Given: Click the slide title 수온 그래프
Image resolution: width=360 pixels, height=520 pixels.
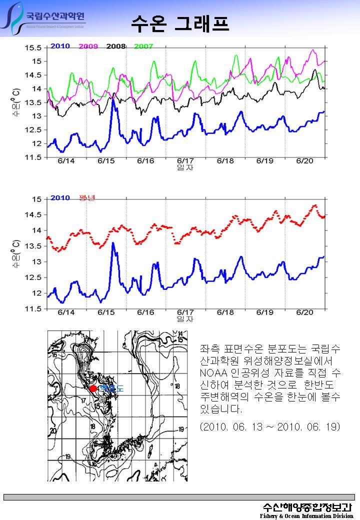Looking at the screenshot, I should tap(180, 23).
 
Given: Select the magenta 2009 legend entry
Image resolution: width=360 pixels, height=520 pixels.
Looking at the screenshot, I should tap(88, 46).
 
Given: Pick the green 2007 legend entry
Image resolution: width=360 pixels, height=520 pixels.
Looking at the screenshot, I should tap(143, 46).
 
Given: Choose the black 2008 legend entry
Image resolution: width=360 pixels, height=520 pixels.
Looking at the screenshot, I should tap(115, 46).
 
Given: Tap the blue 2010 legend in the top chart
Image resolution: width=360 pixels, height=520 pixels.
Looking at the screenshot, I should tap(60, 46).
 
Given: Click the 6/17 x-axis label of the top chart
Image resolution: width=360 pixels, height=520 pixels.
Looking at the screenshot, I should tap(185, 161).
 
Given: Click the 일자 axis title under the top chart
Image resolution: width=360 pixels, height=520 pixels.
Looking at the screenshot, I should tap(185, 167).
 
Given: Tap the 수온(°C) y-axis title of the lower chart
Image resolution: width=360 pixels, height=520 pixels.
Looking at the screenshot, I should tap(15, 254).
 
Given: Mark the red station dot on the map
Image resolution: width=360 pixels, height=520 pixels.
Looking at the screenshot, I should tap(93, 388).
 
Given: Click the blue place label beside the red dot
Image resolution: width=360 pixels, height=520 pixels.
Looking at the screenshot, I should tap(110, 388).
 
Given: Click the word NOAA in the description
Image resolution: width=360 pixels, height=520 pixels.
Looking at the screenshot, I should tap(213, 373).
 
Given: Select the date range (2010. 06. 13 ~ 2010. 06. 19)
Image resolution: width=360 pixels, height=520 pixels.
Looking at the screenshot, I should tap(269, 427).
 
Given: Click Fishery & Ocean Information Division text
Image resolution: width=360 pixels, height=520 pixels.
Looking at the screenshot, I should tap(305, 515).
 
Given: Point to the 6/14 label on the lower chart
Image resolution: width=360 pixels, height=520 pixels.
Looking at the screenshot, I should tap(66, 312).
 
